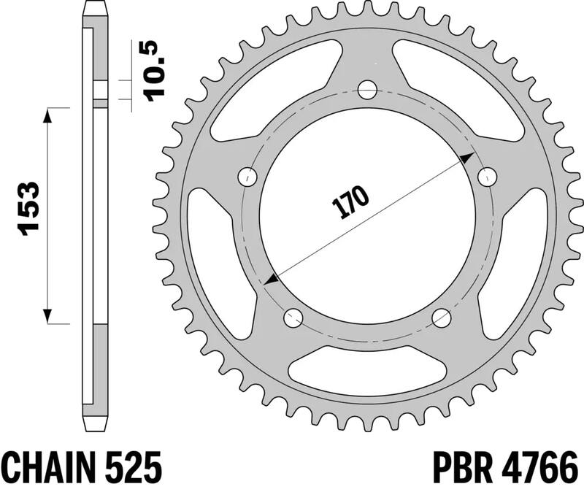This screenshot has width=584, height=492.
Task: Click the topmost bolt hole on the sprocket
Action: pos(368,91)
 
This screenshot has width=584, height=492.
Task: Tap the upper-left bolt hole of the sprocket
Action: pos(250,176)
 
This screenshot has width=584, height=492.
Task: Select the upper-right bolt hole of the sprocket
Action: pos(487,176)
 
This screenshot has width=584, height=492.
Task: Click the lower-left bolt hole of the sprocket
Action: pos(293,317)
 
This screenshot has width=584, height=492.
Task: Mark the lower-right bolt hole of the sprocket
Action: pos(442,317)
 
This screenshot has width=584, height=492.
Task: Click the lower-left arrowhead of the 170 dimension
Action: pos(271,280)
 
